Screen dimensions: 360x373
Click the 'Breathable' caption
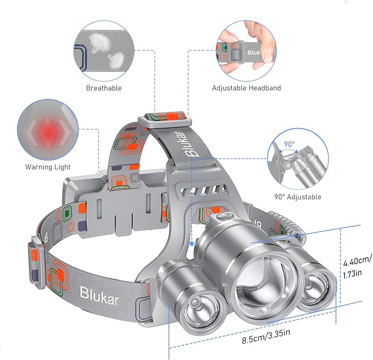click(104, 88)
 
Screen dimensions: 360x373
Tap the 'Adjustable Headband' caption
click(247, 88)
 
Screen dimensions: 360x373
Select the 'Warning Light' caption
click(48, 167)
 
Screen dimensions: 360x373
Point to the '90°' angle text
click(290, 144)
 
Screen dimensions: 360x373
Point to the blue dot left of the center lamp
click(191, 242)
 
